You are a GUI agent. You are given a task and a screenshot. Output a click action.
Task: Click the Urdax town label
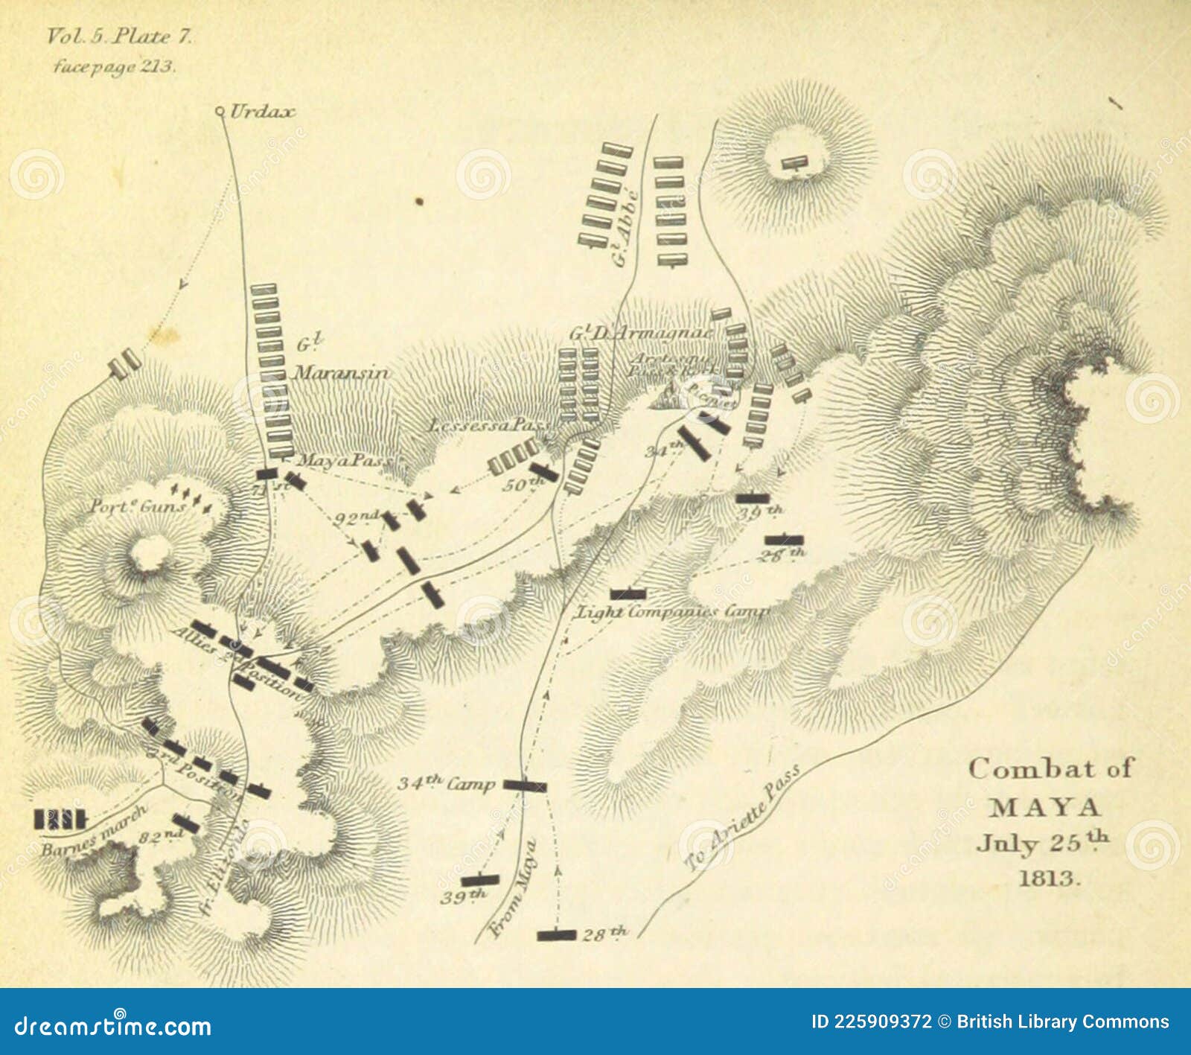(x=262, y=112)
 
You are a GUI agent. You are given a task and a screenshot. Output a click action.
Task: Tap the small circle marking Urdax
(x=220, y=112)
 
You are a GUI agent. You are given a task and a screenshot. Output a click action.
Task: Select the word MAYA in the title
(x=1045, y=807)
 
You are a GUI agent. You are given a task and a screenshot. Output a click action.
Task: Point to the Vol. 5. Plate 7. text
(x=119, y=36)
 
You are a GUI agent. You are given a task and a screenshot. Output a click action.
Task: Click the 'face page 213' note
(x=114, y=66)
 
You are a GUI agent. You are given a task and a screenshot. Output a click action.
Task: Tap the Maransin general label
(x=340, y=372)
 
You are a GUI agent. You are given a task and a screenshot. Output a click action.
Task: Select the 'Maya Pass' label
(x=344, y=461)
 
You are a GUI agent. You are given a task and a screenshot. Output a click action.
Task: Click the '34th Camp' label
(x=445, y=783)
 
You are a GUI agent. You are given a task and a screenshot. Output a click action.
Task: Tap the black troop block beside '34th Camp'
(x=525, y=785)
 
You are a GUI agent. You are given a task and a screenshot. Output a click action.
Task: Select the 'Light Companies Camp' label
(x=672, y=612)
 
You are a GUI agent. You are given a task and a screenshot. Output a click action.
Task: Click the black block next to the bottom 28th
(x=557, y=934)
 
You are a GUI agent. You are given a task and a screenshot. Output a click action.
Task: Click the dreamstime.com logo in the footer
(x=113, y=1026)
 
